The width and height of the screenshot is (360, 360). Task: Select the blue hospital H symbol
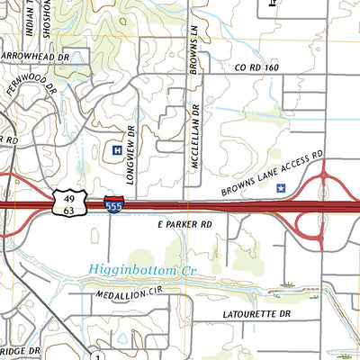coord(116,149)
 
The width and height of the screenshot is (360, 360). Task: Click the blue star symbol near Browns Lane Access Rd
coord(281,189)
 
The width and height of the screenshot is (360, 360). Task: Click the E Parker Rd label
coord(184,223)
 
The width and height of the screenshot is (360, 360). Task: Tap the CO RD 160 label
coord(258,67)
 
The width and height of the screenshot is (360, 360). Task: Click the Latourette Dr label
coord(256,314)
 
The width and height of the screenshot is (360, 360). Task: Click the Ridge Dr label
coord(20,350)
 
